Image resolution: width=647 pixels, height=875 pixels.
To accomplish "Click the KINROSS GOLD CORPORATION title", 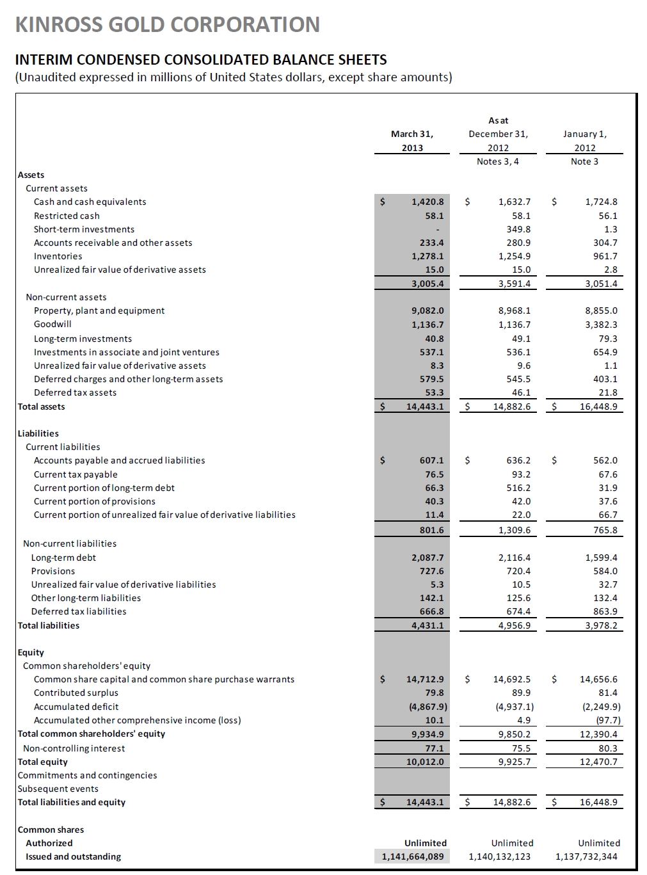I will click(x=167, y=24).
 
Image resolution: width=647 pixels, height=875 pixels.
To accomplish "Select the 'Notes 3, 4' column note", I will click(x=497, y=161).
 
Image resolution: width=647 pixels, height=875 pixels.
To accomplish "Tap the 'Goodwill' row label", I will click(x=52, y=324).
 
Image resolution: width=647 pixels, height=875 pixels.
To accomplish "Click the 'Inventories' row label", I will click(x=58, y=256).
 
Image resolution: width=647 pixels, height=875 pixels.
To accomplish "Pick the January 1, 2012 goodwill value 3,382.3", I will click(x=601, y=325).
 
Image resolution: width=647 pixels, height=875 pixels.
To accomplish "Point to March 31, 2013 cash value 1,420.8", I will click(x=427, y=202).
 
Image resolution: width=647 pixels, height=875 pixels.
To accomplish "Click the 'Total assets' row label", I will click(x=41, y=406).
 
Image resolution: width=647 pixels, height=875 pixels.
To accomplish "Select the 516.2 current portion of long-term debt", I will click(x=518, y=488).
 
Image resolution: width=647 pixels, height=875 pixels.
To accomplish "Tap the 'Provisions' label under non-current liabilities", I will click(x=53, y=571).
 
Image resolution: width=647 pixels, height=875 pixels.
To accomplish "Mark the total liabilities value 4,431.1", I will click(x=427, y=625).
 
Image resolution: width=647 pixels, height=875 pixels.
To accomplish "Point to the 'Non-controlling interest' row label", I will click(x=74, y=748).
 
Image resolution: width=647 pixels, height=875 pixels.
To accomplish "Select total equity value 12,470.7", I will click(x=598, y=762).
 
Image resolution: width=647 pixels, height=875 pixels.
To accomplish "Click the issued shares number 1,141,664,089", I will click(x=412, y=856).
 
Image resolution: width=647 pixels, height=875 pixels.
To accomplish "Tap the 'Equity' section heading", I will click(x=31, y=652).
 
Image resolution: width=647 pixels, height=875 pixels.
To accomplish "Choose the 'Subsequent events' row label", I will click(x=58, y=789).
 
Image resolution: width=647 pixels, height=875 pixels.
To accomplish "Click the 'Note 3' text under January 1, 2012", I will click(x=584, y=161).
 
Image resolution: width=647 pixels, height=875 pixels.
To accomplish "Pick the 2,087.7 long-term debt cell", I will click(x=427, y=558).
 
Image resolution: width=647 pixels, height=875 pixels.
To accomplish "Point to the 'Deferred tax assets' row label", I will click(x=75, y=392).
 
